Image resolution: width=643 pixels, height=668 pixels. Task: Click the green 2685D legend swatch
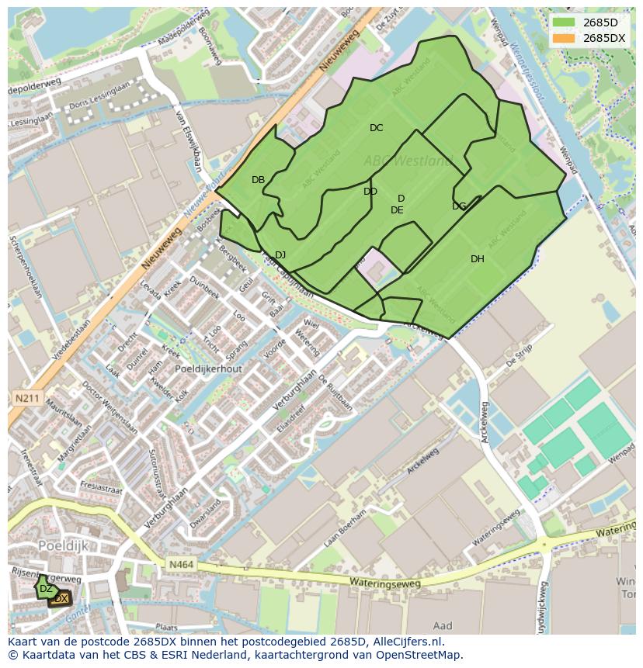pyautogui.click(x=565, y=22)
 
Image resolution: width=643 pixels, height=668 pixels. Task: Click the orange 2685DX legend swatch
pyautogui.click(x=565, y=38)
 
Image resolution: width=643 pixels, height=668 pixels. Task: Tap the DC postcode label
pyautogui.click(x=376, y=128)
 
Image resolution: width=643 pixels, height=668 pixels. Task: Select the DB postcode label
pyautogui.click(x=258, y=180)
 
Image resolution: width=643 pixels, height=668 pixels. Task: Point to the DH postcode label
pyautogui.click(x=477, y=259)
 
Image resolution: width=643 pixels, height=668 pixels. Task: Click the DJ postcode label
pyautogui.click(x=280, y=255)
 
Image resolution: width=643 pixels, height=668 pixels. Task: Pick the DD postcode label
pyautogui.click(x=370, y=192)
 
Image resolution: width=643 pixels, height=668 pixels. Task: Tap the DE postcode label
pyautogui.click(x=397, y=210)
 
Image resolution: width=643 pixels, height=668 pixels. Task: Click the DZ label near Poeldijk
pyautogui.click(x=46, y=589)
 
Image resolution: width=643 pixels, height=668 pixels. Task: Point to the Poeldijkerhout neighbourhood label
pyautogui.click(x=209, y=369)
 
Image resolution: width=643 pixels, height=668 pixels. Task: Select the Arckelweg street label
pyautogui.click(x=485, y=423)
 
